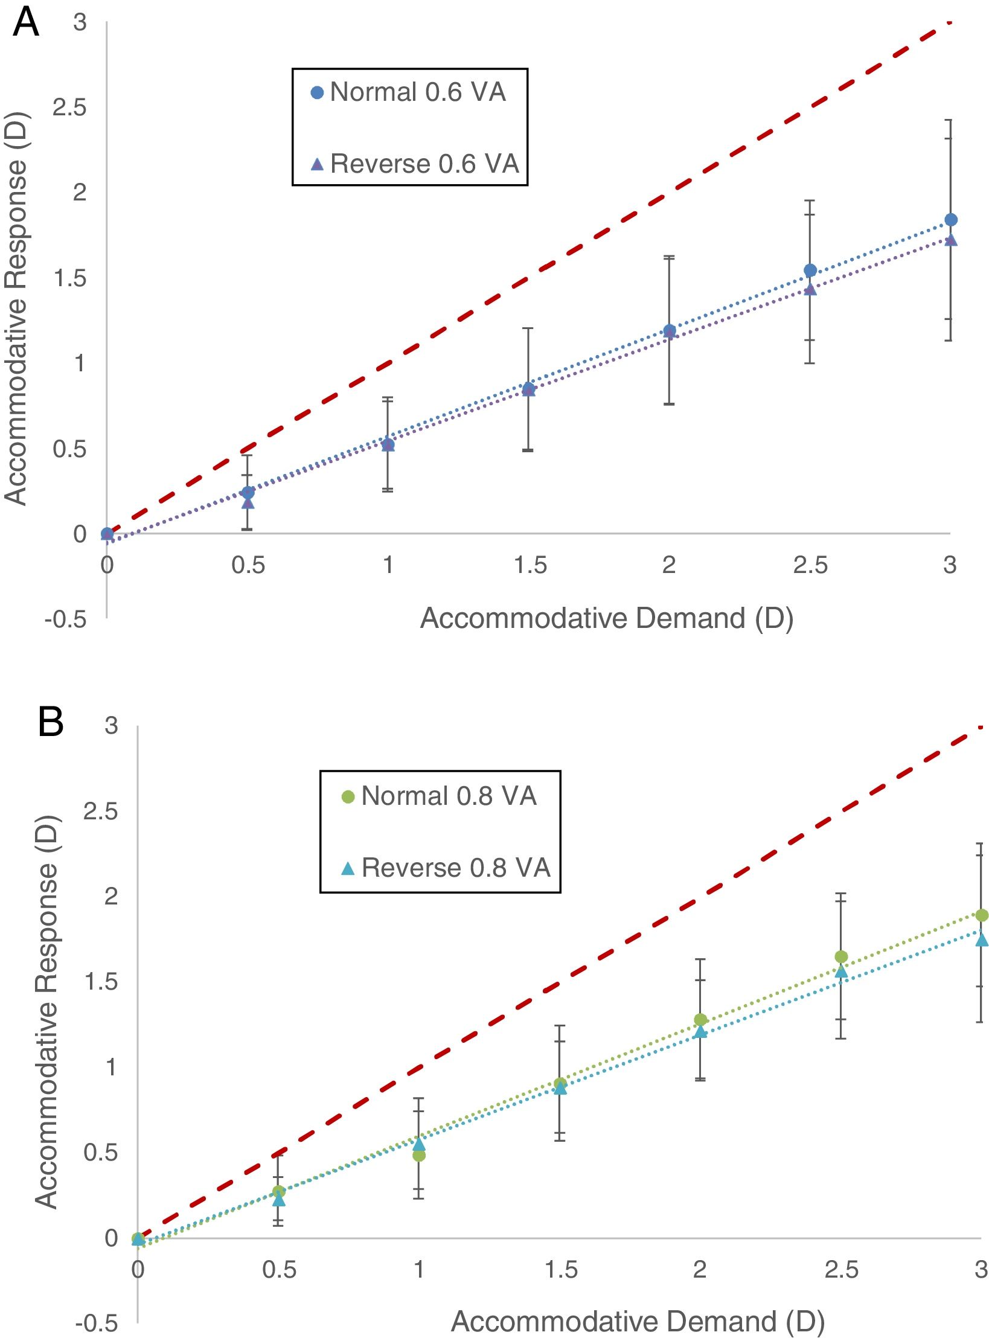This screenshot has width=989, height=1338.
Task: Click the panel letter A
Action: coord(25,25)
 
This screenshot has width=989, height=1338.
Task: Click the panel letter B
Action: coord(51,723)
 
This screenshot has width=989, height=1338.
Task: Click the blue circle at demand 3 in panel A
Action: coord(950,220)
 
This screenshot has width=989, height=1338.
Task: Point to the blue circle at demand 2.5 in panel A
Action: coord(810,270)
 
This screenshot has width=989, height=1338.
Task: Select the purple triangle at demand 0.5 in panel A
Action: coord(248,502)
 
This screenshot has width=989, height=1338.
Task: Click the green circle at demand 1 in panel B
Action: coord(418,1155)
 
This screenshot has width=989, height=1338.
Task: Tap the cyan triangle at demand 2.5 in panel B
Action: coord(841,971)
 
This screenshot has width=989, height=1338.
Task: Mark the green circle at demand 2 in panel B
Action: coord(700,1019)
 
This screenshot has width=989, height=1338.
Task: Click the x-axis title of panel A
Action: coord(606,618)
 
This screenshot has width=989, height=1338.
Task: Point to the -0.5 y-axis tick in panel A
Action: coord(65,619)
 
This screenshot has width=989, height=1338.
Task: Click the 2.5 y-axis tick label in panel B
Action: coord(101,811)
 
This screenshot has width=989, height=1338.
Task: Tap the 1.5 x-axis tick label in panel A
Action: coord(530,565)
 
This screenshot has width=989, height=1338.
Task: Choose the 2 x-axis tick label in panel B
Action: coord(700,1269)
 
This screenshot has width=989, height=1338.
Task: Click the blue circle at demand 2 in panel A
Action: coord(669,330)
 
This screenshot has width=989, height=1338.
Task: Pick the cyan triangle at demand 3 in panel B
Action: coord(981,940)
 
